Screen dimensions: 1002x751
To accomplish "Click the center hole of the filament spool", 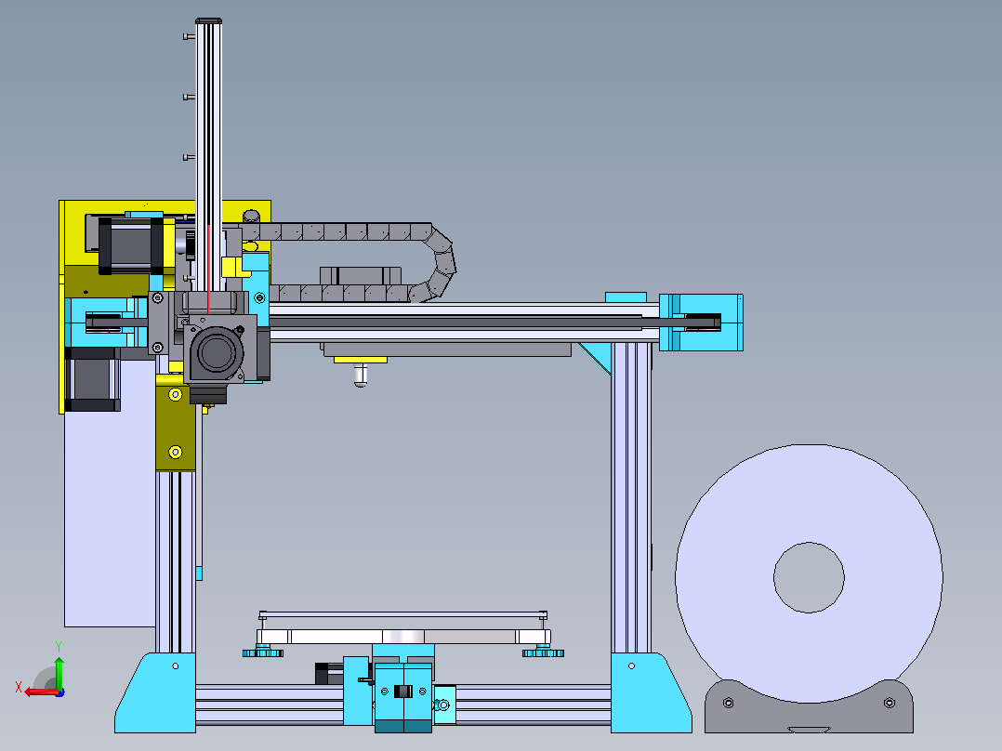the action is tap(809, 577).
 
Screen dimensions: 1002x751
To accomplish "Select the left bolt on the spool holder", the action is tap(728, 703).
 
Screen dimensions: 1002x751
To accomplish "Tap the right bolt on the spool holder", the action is tap(889, 703).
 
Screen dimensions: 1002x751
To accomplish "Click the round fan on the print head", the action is tap(217, 352).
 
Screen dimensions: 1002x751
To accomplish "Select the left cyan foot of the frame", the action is tap(155, 692).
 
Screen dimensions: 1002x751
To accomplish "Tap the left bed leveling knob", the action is tap(263, 652).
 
